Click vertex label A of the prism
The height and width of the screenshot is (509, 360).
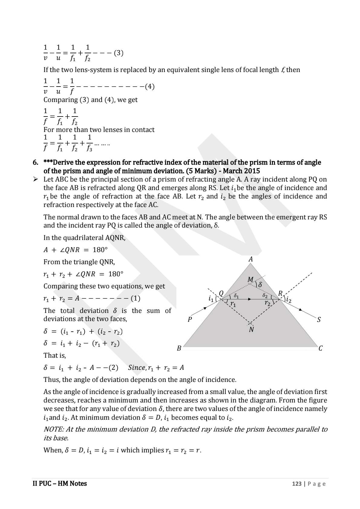pos(250,259)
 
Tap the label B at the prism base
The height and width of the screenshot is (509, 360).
pos(179,348)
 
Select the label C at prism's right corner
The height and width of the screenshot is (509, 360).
pos(321,348)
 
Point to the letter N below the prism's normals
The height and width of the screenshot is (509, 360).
pos(251,330)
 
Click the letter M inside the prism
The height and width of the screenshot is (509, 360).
pos(250,280)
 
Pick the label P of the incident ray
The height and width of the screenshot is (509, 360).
pos(190,320)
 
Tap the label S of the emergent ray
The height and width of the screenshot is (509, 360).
pos(319,320)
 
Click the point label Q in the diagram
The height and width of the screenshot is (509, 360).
pos(221,293)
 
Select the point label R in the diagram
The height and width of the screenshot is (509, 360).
pos(280,293)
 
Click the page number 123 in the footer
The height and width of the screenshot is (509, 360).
pos(297,484)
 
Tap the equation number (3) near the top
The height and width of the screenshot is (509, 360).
pos(119,53)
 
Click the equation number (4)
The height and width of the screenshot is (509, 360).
pos(150,87)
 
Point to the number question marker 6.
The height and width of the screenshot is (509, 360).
pos(35,163)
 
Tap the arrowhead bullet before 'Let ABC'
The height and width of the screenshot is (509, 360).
pos(35,179)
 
